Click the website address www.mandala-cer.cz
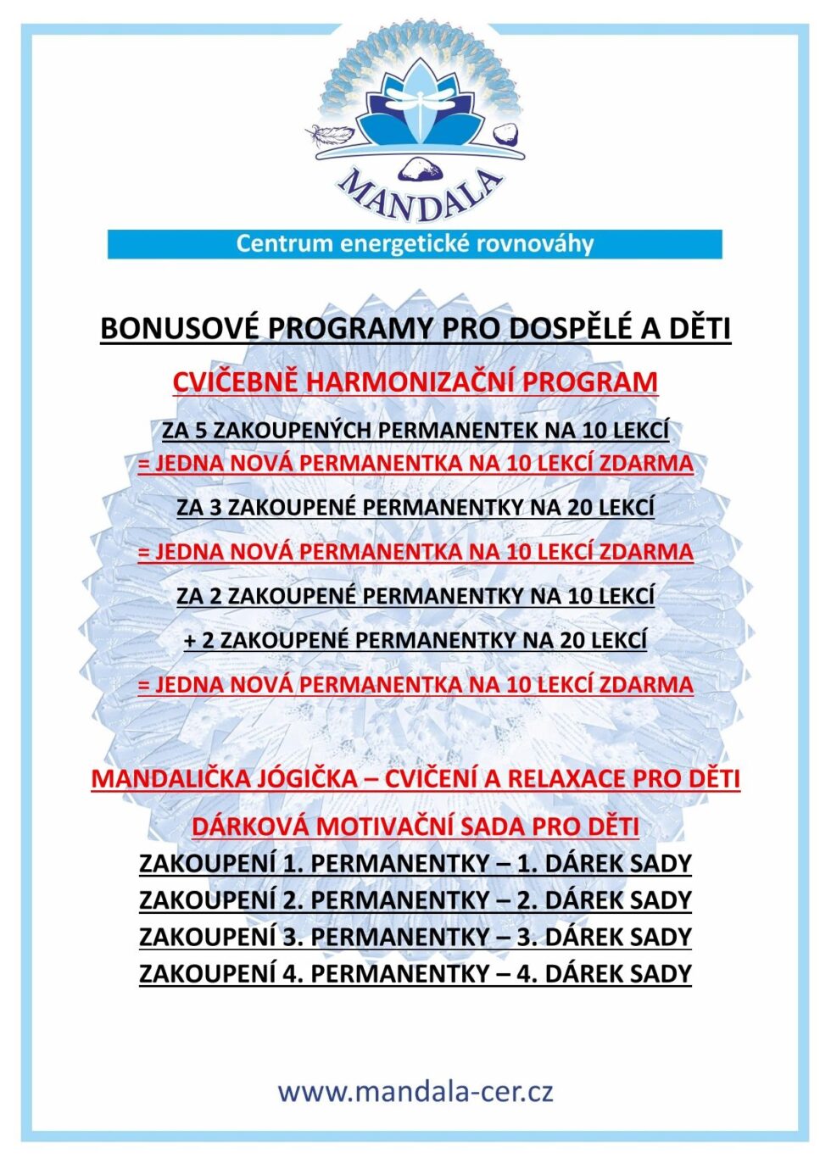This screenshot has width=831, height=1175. pyautogui.click(x=415, y=1091)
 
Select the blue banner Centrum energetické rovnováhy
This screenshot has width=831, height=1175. pyautogui.click(x=415, y=244)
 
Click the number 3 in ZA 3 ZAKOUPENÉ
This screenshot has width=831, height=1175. pyautogui.click(x=215, y=508)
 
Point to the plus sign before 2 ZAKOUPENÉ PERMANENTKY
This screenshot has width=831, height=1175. pyautogui.click(x=190, y=640)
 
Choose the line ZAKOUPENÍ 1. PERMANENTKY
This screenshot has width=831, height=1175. pyautogui.click(x=415, y=864)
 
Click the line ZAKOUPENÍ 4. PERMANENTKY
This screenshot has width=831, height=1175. pyautogui.click(x=415, y=974)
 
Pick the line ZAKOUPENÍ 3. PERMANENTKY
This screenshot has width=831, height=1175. pyautogui.click(x=415, y=938)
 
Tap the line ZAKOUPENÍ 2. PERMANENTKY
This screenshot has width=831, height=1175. pyautogui.click(x=415, y=900)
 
